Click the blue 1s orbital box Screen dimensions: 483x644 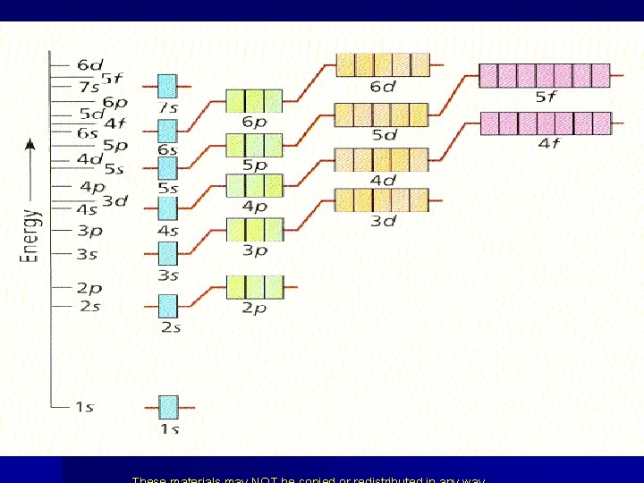pyautogui.click(x=168, y=407)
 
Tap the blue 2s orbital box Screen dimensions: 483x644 pyautogui.click(x=168, y=306)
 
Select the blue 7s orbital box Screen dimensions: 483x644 pyautogui.click(x=167, y=86)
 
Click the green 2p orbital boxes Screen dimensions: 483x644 pyautogui.click(x=255, y=286)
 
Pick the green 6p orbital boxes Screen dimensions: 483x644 pyautogui.click(x=255, y=100)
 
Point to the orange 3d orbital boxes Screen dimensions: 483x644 pyautogui.click(x=382, y=199)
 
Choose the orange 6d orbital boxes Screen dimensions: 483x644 pyautogui.click(x=382, y=64)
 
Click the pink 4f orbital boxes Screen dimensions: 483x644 pyautogui.click(x=546, y=123)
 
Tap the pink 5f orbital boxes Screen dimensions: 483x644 pyautogui.click(x=545, y=75)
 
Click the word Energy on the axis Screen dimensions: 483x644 pyautogui.click(x=31, y=235)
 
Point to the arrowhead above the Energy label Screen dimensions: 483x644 pyautogui.click(x=30, y=143)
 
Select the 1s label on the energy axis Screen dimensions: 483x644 pyautogui.click(x=84, y=407)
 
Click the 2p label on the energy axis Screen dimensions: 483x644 pyautogui.click(x=89, y=288)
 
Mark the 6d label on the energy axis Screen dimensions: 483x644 pyautogui.click(x=89, y=64)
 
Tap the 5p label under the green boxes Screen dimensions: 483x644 pyautogui.click(x=255, y=165)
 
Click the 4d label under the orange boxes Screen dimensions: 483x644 pyautogui.click(x=383, y=180)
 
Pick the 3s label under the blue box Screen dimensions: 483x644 pyautogui.click(x=168, y=275)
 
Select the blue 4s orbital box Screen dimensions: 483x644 pyautogui.click(x=168, y=208)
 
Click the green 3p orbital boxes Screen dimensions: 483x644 pyautogui.click(x=255, y=230)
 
